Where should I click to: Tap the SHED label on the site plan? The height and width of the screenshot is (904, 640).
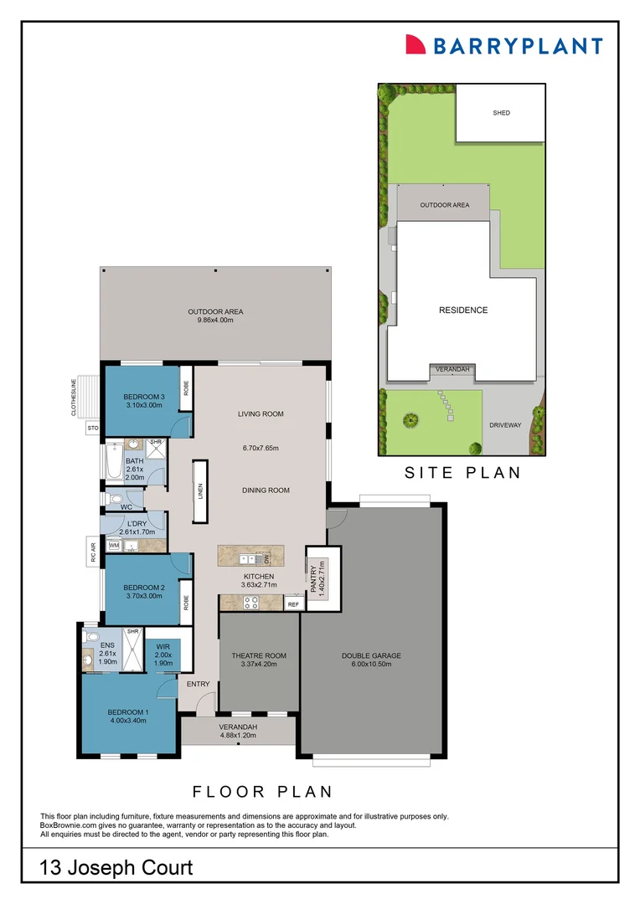click(501, 113)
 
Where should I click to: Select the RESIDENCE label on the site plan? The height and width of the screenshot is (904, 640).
click(463, 311)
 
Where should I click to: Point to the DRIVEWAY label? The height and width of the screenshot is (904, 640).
click(505, 425)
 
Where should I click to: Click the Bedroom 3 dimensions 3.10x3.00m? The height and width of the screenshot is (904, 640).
click(144, 405)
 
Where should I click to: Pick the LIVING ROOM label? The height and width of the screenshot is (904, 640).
click(261, 413)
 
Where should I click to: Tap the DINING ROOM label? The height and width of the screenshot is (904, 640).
click(266, 491)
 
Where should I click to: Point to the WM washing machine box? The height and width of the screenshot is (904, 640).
click(114, 546)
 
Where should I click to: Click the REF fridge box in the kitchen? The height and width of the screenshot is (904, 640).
click(293, 604)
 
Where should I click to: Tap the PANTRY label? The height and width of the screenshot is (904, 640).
click(314, 580)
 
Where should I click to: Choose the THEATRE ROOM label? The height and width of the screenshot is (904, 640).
click(259, 655)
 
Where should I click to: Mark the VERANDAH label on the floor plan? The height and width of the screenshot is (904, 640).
click(238, 727)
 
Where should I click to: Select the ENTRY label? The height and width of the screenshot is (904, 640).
click(199, 684)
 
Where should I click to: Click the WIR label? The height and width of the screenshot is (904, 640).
click(163, 646)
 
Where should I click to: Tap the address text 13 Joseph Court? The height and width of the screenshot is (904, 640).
click(116, 868)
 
